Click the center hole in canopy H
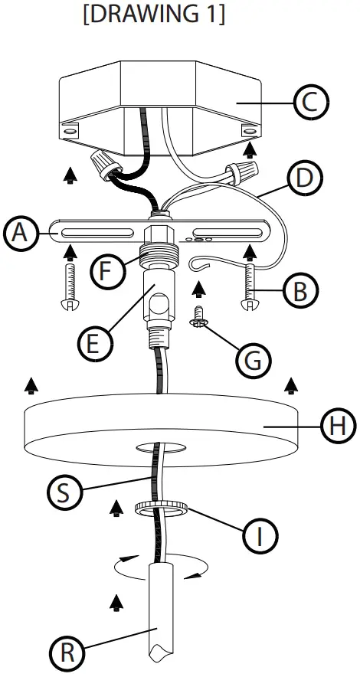pos(159,446)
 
